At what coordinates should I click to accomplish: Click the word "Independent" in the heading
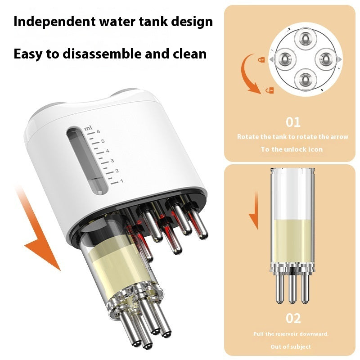[54, 22]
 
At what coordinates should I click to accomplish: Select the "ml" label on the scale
[88, 128]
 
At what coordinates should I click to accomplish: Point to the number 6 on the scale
[98, 131]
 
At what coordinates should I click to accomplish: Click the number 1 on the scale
[121, 181]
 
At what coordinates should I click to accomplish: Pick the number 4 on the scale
[108, 151]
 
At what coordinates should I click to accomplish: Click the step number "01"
[293, 122]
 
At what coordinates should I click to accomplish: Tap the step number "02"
[293, 319]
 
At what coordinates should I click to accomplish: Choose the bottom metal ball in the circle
[306, 80]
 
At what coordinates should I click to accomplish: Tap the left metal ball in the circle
[285, 59]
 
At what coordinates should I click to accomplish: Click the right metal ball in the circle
[326, 59]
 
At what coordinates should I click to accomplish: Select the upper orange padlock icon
[261, 60]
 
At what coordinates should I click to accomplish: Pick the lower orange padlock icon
[270, 90]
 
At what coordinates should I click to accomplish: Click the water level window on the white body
[87, 161]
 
